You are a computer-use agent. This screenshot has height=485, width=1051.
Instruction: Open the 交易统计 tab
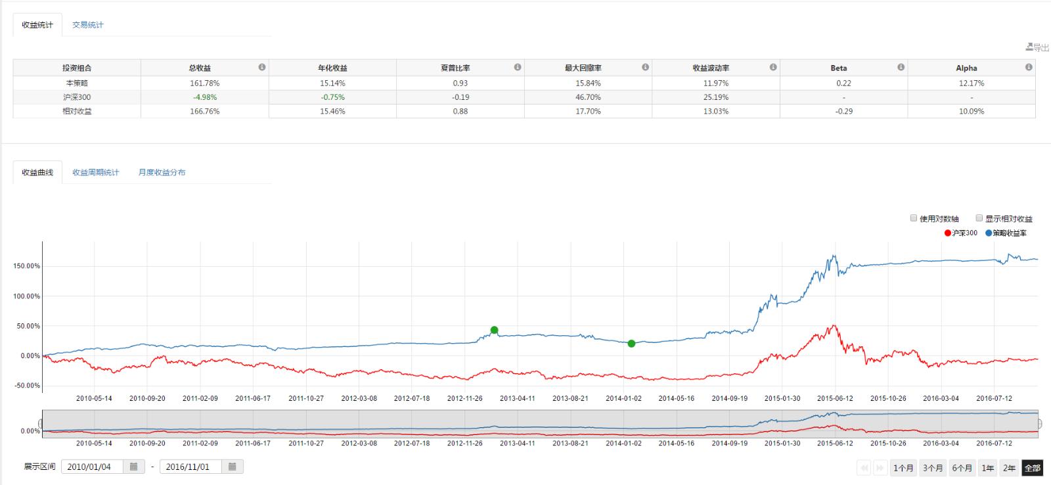87,25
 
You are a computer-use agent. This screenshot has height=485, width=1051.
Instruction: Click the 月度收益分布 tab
162,172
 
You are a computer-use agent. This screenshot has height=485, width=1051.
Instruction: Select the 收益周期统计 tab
96,172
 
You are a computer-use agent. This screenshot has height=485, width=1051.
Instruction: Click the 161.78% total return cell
204,83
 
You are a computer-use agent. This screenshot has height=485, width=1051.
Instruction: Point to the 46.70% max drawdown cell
587,97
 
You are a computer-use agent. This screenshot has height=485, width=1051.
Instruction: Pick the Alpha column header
966,68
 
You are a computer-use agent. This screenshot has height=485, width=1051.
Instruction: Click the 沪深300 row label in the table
77,97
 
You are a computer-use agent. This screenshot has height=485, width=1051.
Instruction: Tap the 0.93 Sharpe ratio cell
460,83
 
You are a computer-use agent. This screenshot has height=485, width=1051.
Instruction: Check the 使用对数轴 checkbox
914,218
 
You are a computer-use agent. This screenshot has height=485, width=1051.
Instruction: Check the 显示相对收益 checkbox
979,218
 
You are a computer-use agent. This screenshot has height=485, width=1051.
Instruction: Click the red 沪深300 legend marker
948,233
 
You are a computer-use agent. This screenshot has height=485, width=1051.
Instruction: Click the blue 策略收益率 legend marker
989,233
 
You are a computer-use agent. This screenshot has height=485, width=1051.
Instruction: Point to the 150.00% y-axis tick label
26,266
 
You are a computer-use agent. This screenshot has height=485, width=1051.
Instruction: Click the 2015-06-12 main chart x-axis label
835,398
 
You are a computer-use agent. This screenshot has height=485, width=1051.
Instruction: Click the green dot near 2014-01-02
631,343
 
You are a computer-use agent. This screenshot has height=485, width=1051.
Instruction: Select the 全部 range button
1032,468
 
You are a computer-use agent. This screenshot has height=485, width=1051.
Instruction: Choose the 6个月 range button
962,468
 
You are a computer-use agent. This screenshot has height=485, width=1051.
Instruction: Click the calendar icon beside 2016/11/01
233,467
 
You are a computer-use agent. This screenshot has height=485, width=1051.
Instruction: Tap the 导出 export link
1037,47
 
